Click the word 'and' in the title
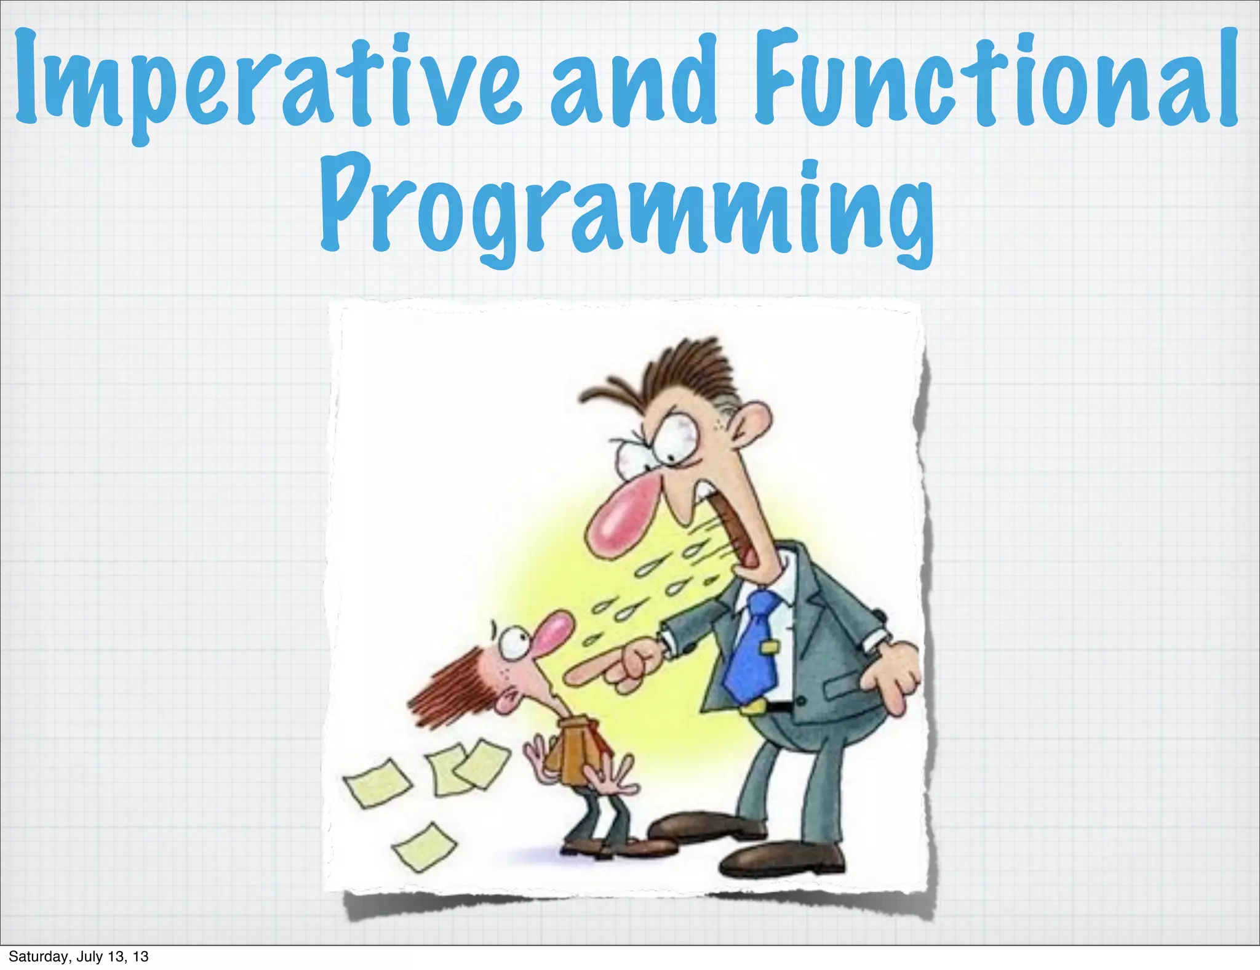click(x=634, y=83)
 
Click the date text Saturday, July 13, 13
click(x=79, y=956)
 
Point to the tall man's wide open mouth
click(x=735, y=523)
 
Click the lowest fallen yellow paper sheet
click(x=425, y=847)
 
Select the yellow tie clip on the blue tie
click(x=769, y=647)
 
